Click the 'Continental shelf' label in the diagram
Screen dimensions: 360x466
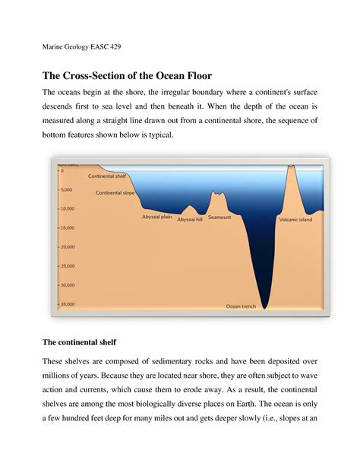pyautogui.click(x=107, y=176)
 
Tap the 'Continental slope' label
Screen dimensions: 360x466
pyautogui.click(x=115, y=193)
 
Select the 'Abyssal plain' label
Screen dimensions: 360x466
pyautogui.click(x=157, y=217)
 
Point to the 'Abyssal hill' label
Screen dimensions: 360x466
pyautogui.click(x=190, y=219)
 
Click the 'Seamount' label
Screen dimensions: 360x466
pyautogui.click(x=219, y=217)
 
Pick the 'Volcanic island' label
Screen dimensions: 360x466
pyautogui.click(x=295, y=219)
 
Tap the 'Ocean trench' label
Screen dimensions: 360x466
pyautogui.click(x=242, y=306)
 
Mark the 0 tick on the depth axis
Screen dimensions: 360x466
pyautogui.click(x=62, y=170)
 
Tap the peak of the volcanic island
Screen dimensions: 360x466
pyautogui.click(x=291, y=166)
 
